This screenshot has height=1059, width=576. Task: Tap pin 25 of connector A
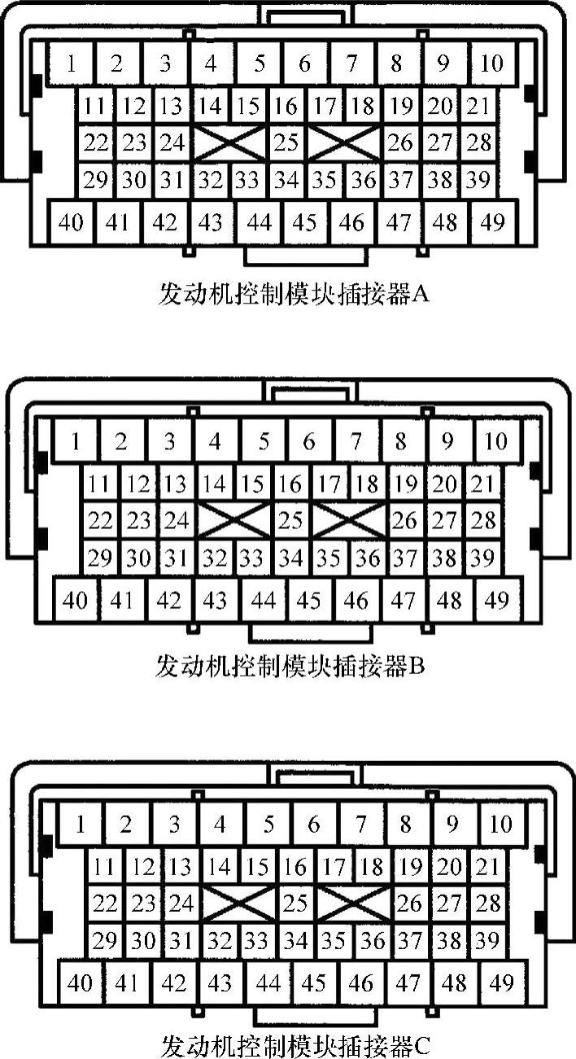286,143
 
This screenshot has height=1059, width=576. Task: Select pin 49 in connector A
491,221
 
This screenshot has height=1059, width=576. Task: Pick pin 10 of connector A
491,63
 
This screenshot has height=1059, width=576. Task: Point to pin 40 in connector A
72,221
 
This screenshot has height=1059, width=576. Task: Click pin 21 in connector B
483,485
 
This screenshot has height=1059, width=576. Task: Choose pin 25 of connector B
290,521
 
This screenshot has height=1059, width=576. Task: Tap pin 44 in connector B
264,602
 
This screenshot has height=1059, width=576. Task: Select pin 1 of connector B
76,442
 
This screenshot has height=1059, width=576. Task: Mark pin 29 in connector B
100,558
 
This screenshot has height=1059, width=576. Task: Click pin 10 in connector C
500,824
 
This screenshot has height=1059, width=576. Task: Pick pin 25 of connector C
296,904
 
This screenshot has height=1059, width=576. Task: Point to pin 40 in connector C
80,983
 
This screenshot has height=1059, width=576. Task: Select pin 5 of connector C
268,824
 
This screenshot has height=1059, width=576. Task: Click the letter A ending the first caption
421,294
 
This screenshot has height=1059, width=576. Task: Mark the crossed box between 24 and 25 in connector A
231,143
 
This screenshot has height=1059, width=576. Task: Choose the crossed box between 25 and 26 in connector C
354,904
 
